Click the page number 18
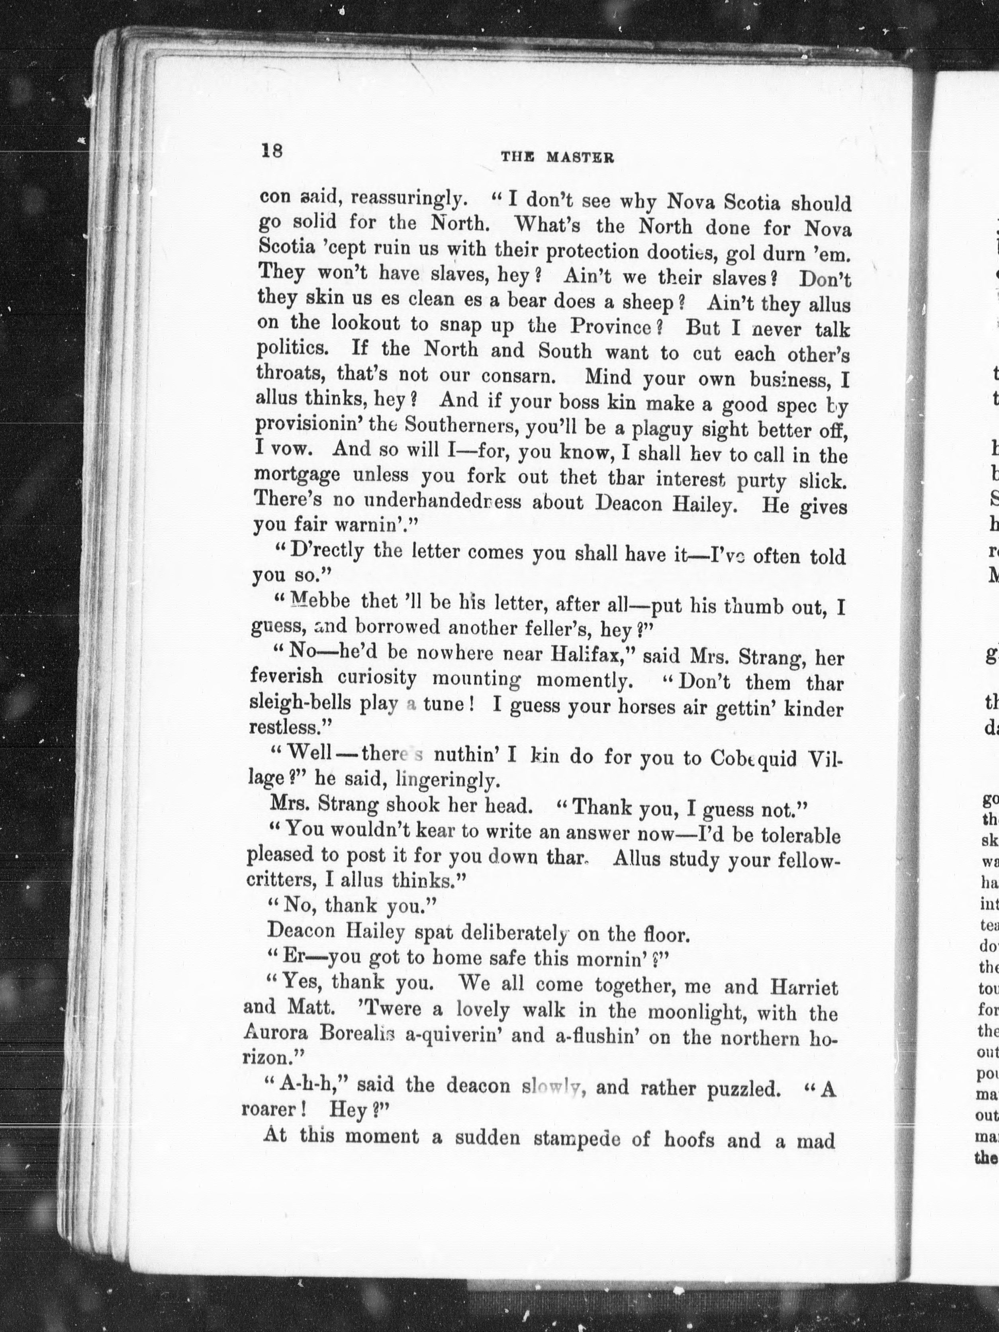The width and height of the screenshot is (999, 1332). (x=272, y=150)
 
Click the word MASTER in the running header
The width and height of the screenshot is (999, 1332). (x=580, y=158)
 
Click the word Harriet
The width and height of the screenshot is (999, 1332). (x=803, y=988)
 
